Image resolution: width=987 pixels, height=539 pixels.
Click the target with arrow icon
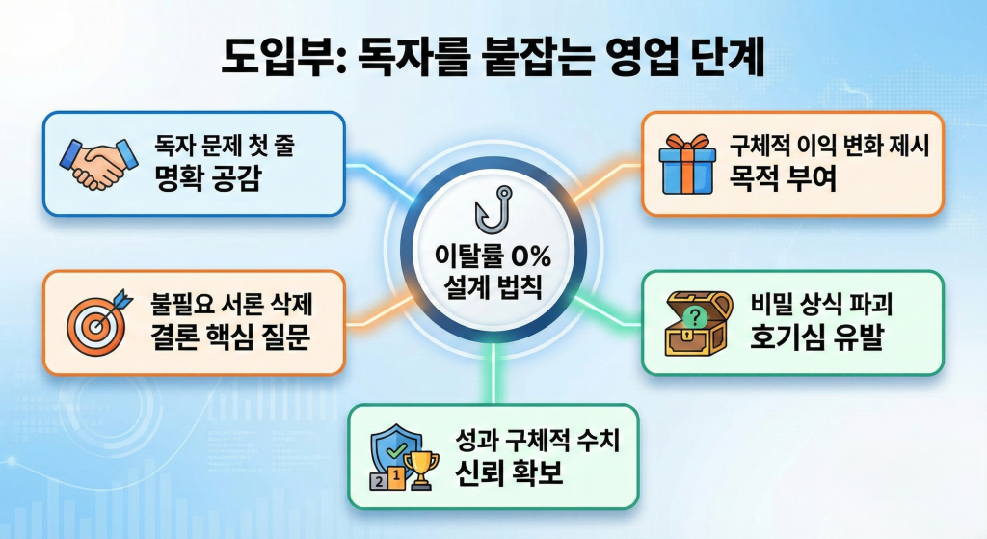click(x=94, y=323)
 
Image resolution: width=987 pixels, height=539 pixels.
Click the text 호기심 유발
click(x=803, y=338)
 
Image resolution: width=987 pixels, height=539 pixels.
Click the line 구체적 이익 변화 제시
click(x=830, y=146)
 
